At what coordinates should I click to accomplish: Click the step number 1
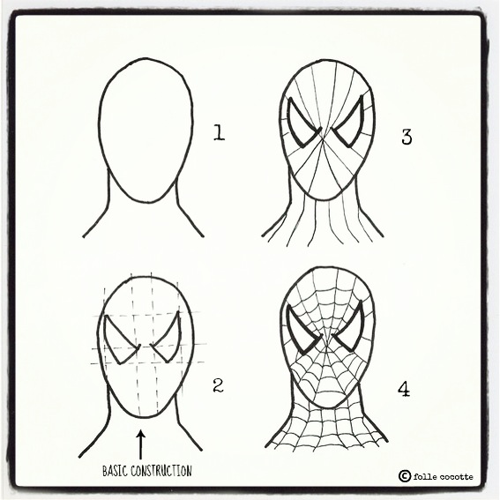pos(219,132)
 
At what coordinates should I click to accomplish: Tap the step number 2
pos(218,385)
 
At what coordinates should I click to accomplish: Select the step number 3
pos(407,137)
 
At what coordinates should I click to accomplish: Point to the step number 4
pos(404,389)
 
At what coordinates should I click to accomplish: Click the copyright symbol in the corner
pos(405,476)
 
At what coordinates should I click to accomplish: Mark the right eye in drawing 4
pos(350,328)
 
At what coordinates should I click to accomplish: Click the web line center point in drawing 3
pos(324,139)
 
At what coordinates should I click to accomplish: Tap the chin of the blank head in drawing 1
pos(149,202)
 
